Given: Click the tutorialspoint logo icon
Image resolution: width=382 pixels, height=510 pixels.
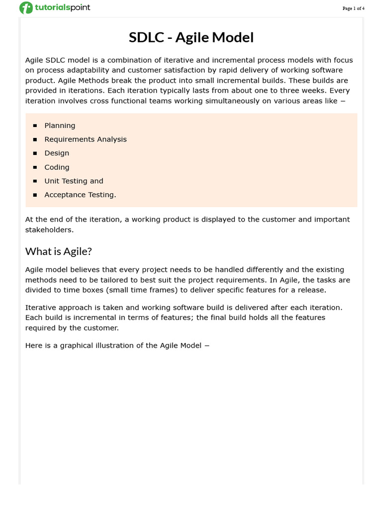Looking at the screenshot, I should point(26,8).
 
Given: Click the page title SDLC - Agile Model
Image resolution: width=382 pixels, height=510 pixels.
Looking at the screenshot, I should point(191,37).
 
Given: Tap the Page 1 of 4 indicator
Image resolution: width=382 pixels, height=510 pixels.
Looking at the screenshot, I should point(353,8).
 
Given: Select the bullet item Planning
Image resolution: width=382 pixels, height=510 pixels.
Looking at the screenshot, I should point(60,126).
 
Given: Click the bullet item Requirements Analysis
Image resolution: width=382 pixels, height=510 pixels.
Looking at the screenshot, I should point(86,139).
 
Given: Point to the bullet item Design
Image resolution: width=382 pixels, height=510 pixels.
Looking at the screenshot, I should point(57,153).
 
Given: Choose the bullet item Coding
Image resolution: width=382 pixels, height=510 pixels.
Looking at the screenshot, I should point(57,167).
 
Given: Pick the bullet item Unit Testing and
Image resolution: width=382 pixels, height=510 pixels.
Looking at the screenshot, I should point(74,181).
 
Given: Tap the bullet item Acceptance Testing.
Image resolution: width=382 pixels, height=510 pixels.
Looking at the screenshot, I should point(80,195).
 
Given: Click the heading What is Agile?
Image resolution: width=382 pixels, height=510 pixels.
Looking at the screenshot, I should point(59,252).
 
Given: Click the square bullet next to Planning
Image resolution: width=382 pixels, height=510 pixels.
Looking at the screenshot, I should point(35,126).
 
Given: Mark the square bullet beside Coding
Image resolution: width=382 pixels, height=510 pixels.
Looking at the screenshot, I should point(35,168).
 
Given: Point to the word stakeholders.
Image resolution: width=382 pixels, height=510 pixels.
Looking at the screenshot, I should point(49,230).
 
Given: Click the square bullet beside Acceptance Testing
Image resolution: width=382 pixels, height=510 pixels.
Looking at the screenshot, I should point(35,195).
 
